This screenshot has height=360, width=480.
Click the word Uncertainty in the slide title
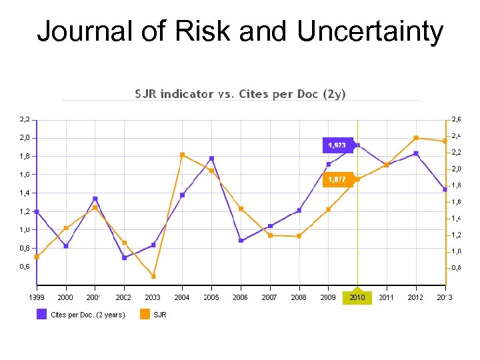click(x=370, y=31)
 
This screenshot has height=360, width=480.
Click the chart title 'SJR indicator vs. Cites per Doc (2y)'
click(x=241, y=94)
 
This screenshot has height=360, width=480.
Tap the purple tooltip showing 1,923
click(x=337, y=145)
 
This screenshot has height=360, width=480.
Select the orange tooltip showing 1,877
click(x=337, y=179)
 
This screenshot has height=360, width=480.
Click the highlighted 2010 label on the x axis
click(x=357, y=297)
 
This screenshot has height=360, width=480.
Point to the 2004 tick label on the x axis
click(x=182, y=297)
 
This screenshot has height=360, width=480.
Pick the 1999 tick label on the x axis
click(x=37, y=297)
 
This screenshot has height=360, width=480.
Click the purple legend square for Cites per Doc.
click(x=41, y=314)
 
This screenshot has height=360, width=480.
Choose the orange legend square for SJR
click(x=145, y=314)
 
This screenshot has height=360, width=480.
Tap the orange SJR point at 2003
click(x=153, y=276)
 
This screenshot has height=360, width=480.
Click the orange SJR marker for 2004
click(x=182, y=155)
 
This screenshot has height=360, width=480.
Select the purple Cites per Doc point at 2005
click(x=211, y=159)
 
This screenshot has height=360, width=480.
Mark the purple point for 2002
click(x=124, y=257)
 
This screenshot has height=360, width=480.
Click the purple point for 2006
click(x=241, y=240)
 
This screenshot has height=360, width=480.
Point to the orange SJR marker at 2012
click(x=416, y=138)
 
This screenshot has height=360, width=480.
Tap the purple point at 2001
click(x=95, y=199)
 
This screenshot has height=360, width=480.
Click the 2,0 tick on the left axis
click(x=24, y=138)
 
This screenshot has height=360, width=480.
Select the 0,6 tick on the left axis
click(x=24, y=266)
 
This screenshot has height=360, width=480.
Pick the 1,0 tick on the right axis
click(x=455, y=251)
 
